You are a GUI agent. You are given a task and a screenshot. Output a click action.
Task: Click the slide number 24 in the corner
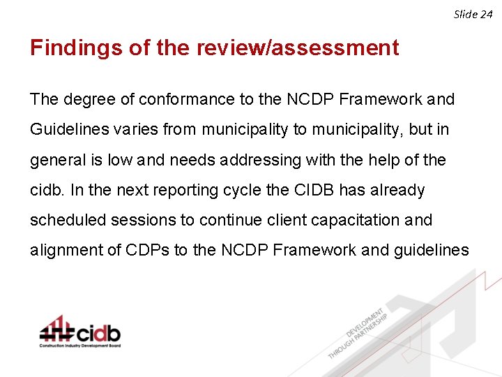[487, 14]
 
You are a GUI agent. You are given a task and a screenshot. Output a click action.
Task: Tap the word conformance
[187, 99]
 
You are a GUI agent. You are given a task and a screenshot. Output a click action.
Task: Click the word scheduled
[66, 220]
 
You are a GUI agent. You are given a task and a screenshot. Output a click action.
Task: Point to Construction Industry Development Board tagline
[79, 346]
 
